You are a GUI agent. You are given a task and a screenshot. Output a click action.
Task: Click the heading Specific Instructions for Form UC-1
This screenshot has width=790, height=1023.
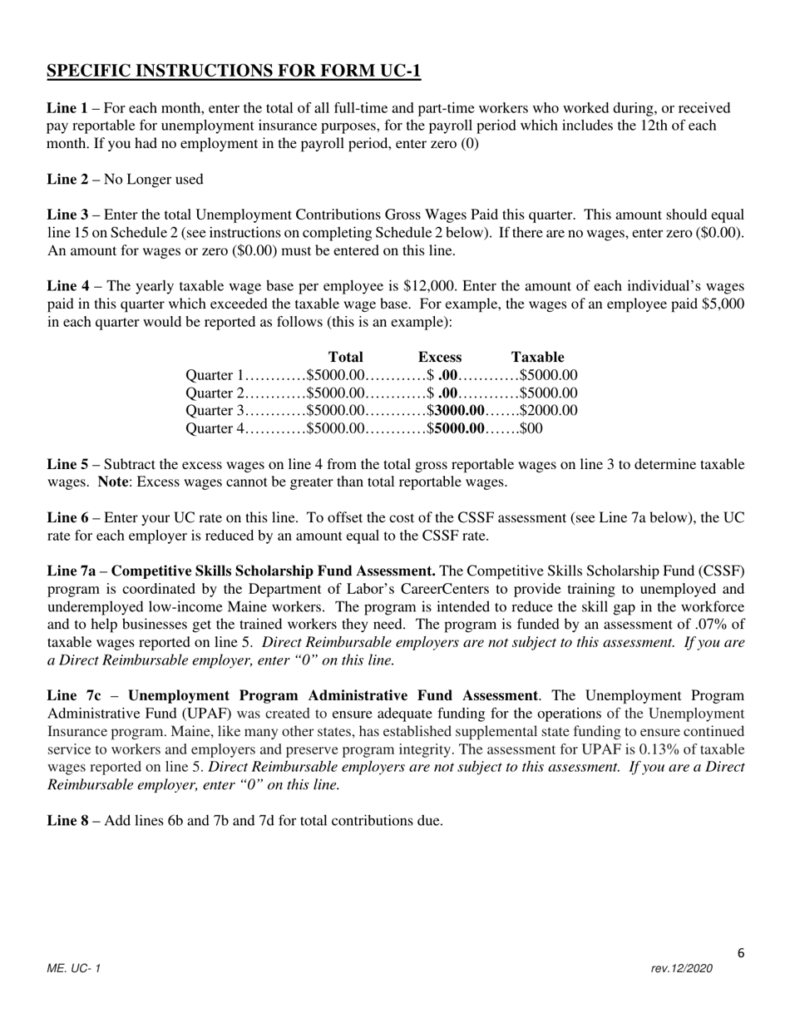pos(234,72)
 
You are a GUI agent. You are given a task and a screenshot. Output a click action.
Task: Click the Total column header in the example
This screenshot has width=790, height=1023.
pos(346,357)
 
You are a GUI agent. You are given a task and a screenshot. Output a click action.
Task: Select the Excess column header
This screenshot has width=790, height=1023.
pos(440,357)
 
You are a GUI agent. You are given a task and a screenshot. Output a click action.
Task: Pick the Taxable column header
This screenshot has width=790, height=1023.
pos(538,357)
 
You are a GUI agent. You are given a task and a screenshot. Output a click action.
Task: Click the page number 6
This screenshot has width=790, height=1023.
pos(740,953)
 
